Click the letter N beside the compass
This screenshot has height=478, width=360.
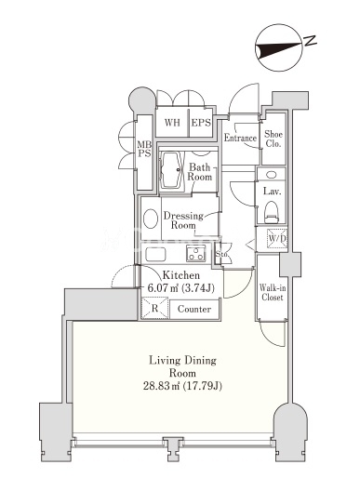310,41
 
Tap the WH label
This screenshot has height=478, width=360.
172,123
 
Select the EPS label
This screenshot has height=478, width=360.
201,123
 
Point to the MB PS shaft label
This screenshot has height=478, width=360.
144,149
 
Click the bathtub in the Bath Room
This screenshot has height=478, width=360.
170,170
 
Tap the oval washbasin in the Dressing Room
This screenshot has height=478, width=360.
151,219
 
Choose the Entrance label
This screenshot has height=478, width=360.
240,138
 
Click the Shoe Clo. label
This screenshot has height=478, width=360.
273,139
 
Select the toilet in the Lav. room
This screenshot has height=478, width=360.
272,212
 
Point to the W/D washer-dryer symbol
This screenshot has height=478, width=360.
277,238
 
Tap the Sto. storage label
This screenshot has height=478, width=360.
221,254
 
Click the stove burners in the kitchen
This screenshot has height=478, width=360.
196,253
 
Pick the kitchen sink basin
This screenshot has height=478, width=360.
155,254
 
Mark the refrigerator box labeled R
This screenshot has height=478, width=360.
154,308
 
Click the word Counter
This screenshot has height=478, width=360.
194,309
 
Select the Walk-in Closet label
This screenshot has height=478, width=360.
273,293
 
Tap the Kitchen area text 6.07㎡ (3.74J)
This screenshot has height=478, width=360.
181,288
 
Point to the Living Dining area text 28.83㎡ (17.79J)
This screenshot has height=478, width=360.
182,386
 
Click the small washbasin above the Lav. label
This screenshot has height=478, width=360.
272,175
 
